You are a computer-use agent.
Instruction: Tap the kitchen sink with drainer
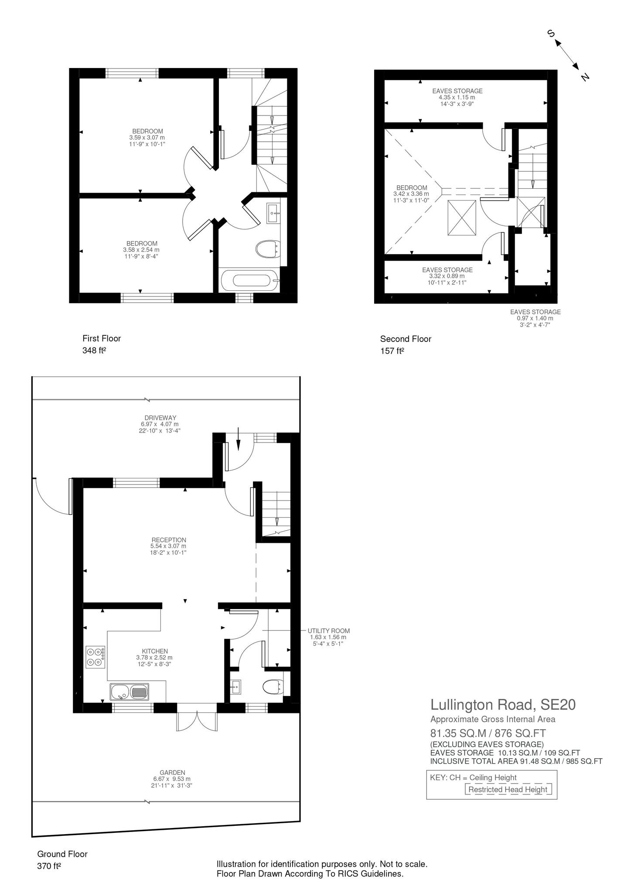130,692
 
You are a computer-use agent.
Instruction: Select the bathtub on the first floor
250,280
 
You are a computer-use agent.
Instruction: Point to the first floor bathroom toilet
267,249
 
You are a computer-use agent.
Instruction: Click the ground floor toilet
273,688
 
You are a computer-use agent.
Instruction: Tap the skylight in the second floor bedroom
462,218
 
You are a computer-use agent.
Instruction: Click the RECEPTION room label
168,540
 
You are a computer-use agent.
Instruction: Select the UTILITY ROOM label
328,631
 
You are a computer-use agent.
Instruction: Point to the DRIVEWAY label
159,418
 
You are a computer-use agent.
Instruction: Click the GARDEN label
172,773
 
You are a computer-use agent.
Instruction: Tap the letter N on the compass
585,77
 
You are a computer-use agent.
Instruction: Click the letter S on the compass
551,34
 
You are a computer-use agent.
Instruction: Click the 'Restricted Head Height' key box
508,789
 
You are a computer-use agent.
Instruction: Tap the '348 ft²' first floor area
95,350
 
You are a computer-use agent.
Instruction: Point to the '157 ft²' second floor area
392,351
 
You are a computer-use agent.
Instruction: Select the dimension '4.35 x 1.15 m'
457,98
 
